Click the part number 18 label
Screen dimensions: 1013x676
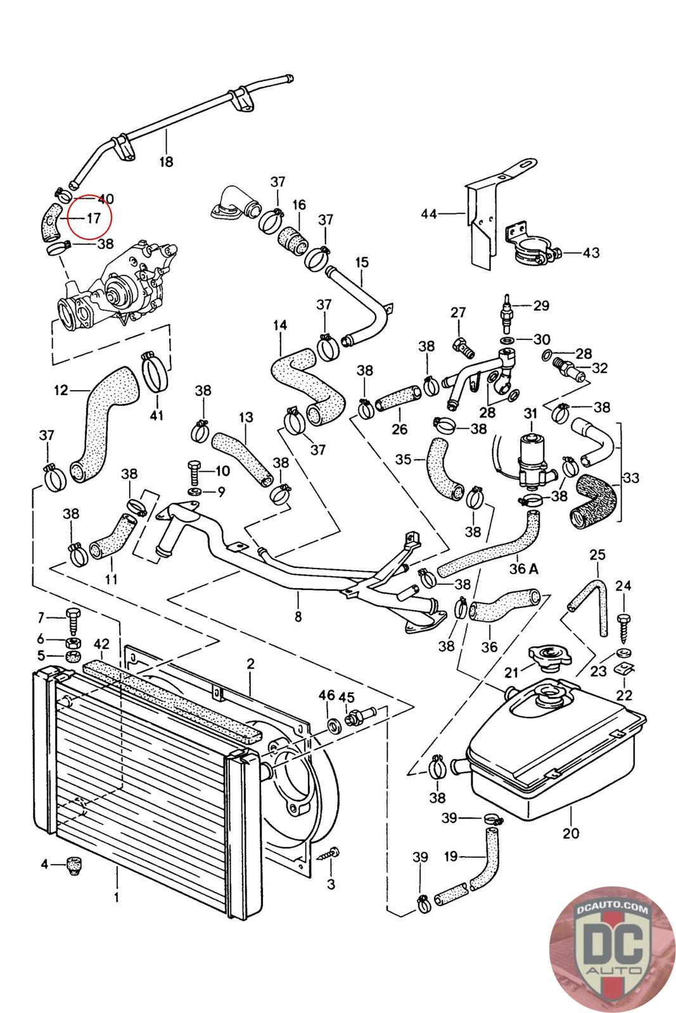[x=166, y=162]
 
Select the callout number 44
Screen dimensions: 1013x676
[x=429, y=214]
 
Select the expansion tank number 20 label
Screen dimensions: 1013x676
[x=571, y=833]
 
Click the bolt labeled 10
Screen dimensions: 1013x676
[x=194, y=472]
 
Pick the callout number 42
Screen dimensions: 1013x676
[x=102, y=645]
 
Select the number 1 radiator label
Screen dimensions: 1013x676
[x=117, y=897]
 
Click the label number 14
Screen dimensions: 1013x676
[x=280, y=325]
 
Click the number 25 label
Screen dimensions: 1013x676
[x=597, y=555]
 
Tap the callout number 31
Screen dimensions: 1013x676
[x=530, y=413]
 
